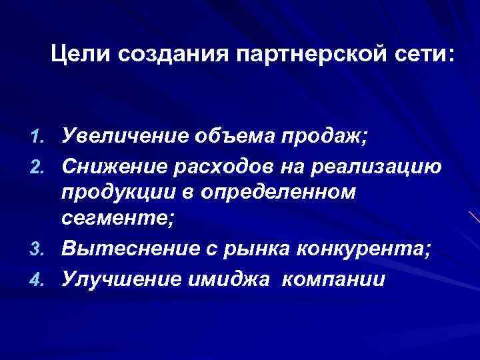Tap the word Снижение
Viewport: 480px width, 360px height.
click(119, 165)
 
